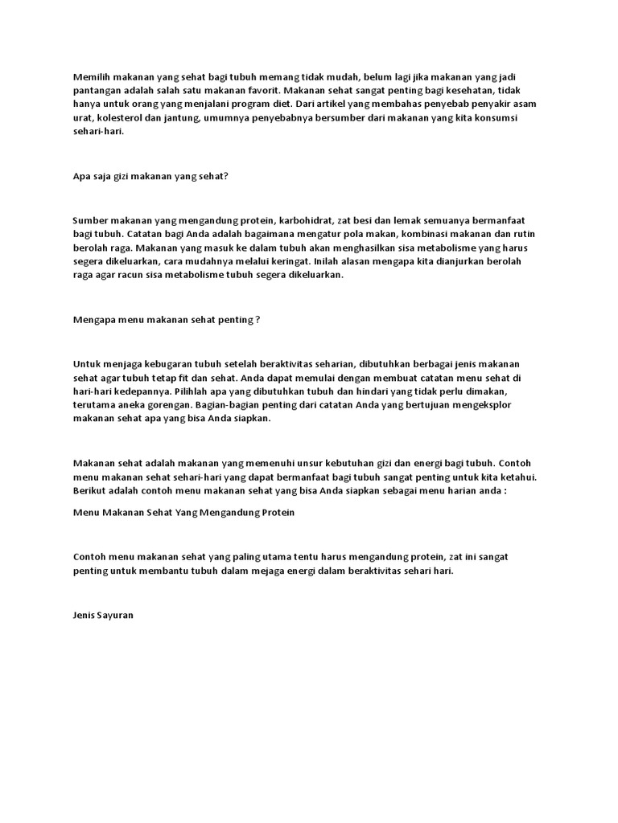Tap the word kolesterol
(119, 117)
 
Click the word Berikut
(90, 490)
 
